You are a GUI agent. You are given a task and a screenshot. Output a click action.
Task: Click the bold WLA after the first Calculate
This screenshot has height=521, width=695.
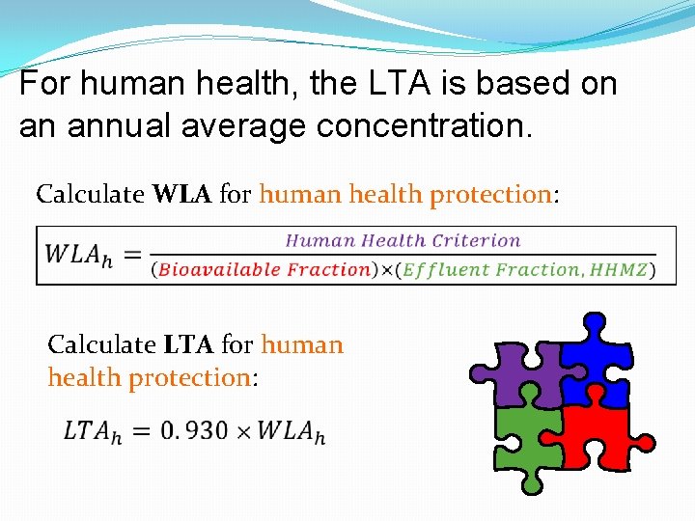click(183, 194)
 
